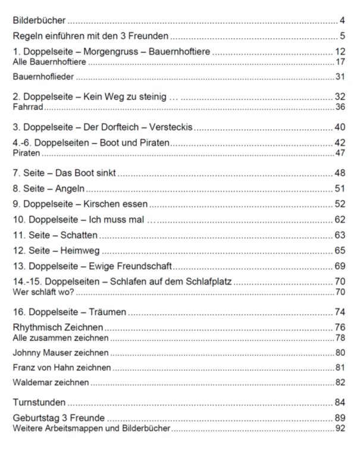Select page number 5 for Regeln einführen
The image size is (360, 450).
[343, 36]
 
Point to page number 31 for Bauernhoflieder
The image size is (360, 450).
[340, 76]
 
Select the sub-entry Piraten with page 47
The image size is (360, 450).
[26, 153]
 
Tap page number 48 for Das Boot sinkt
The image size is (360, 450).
[340, 173]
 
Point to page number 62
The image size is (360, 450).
[340, 220]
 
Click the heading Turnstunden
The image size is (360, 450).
[39, 402]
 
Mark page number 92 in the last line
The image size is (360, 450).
[340, 428]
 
